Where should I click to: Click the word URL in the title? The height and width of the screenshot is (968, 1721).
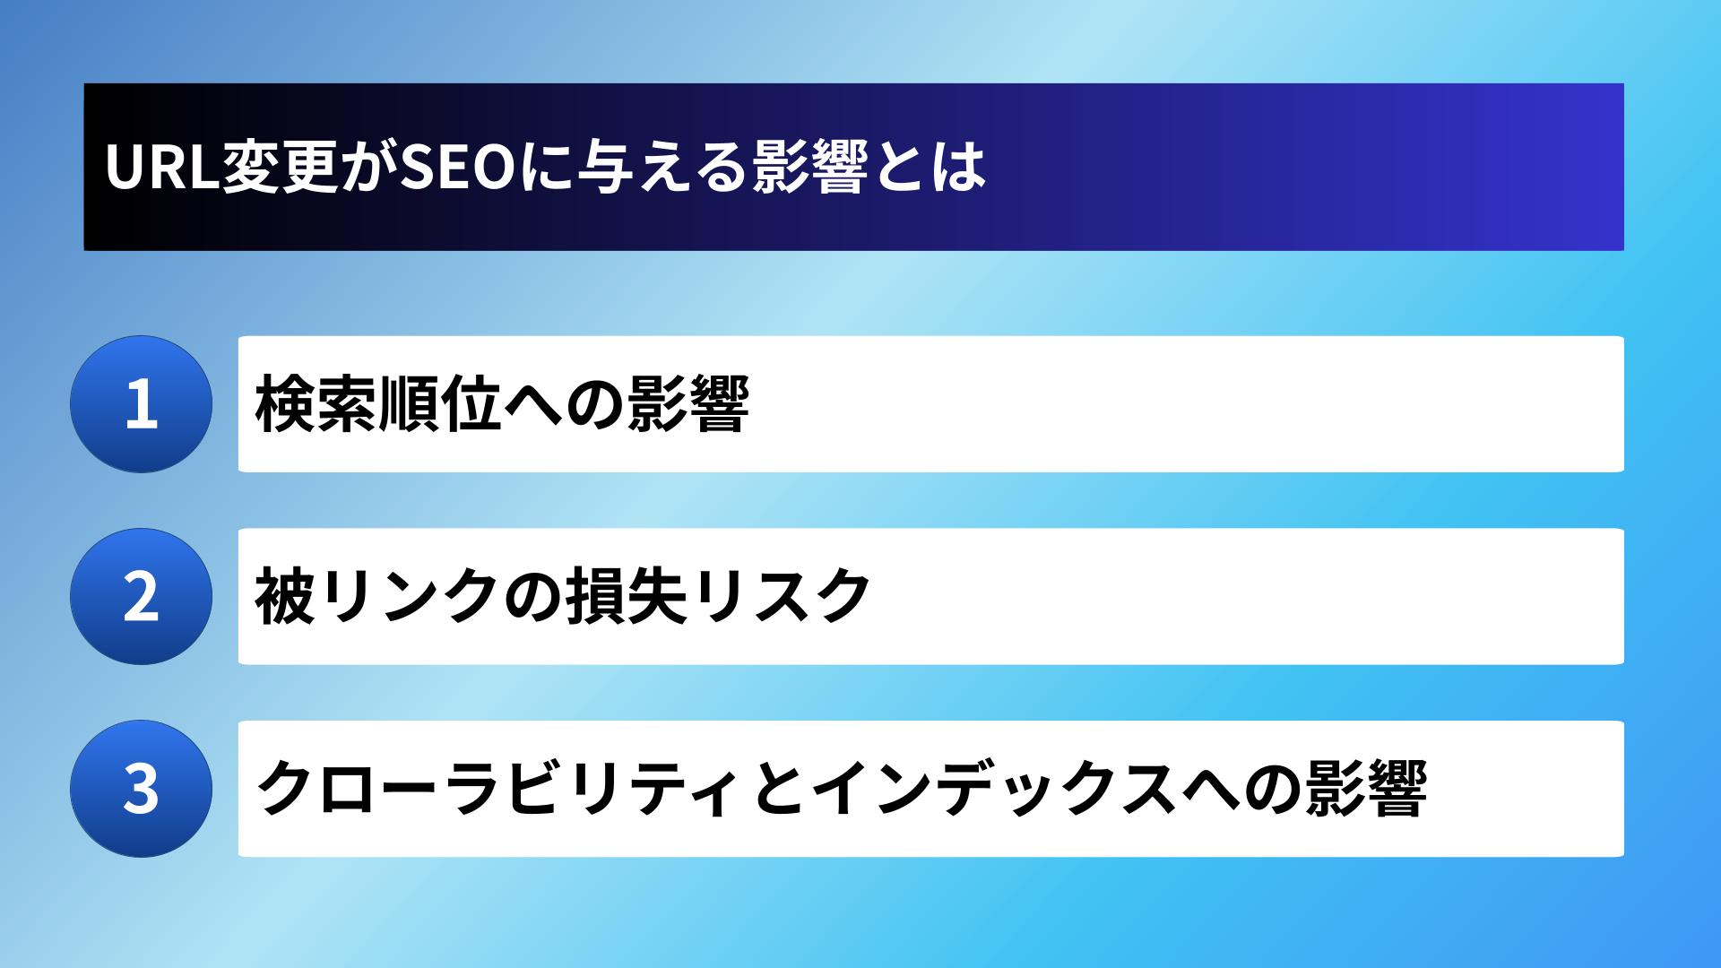coord(162,168)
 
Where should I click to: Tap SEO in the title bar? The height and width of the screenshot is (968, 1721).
coord(458,168)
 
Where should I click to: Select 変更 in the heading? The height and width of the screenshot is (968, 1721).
coord(281,168)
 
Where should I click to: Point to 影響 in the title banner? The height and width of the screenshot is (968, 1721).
coord(811,168)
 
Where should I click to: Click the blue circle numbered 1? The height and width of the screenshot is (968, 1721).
coord(142,404)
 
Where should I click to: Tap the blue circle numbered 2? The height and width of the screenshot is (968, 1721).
coord(142,596)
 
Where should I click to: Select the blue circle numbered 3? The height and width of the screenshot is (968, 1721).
coord(142,789)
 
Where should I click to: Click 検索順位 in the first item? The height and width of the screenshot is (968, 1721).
coord(378,404)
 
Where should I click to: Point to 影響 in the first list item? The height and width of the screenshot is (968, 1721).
coord(688,404)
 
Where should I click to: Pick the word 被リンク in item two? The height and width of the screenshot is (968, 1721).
coord(377,596)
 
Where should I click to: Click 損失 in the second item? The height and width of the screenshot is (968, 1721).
coord(627,596)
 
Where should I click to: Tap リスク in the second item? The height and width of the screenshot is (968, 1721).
coord(781,596)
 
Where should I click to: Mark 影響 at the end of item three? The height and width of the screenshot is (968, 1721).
coord(1366,789)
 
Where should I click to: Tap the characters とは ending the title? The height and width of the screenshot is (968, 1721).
coord(930,168)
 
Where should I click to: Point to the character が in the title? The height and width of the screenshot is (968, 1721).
coord(369,168)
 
